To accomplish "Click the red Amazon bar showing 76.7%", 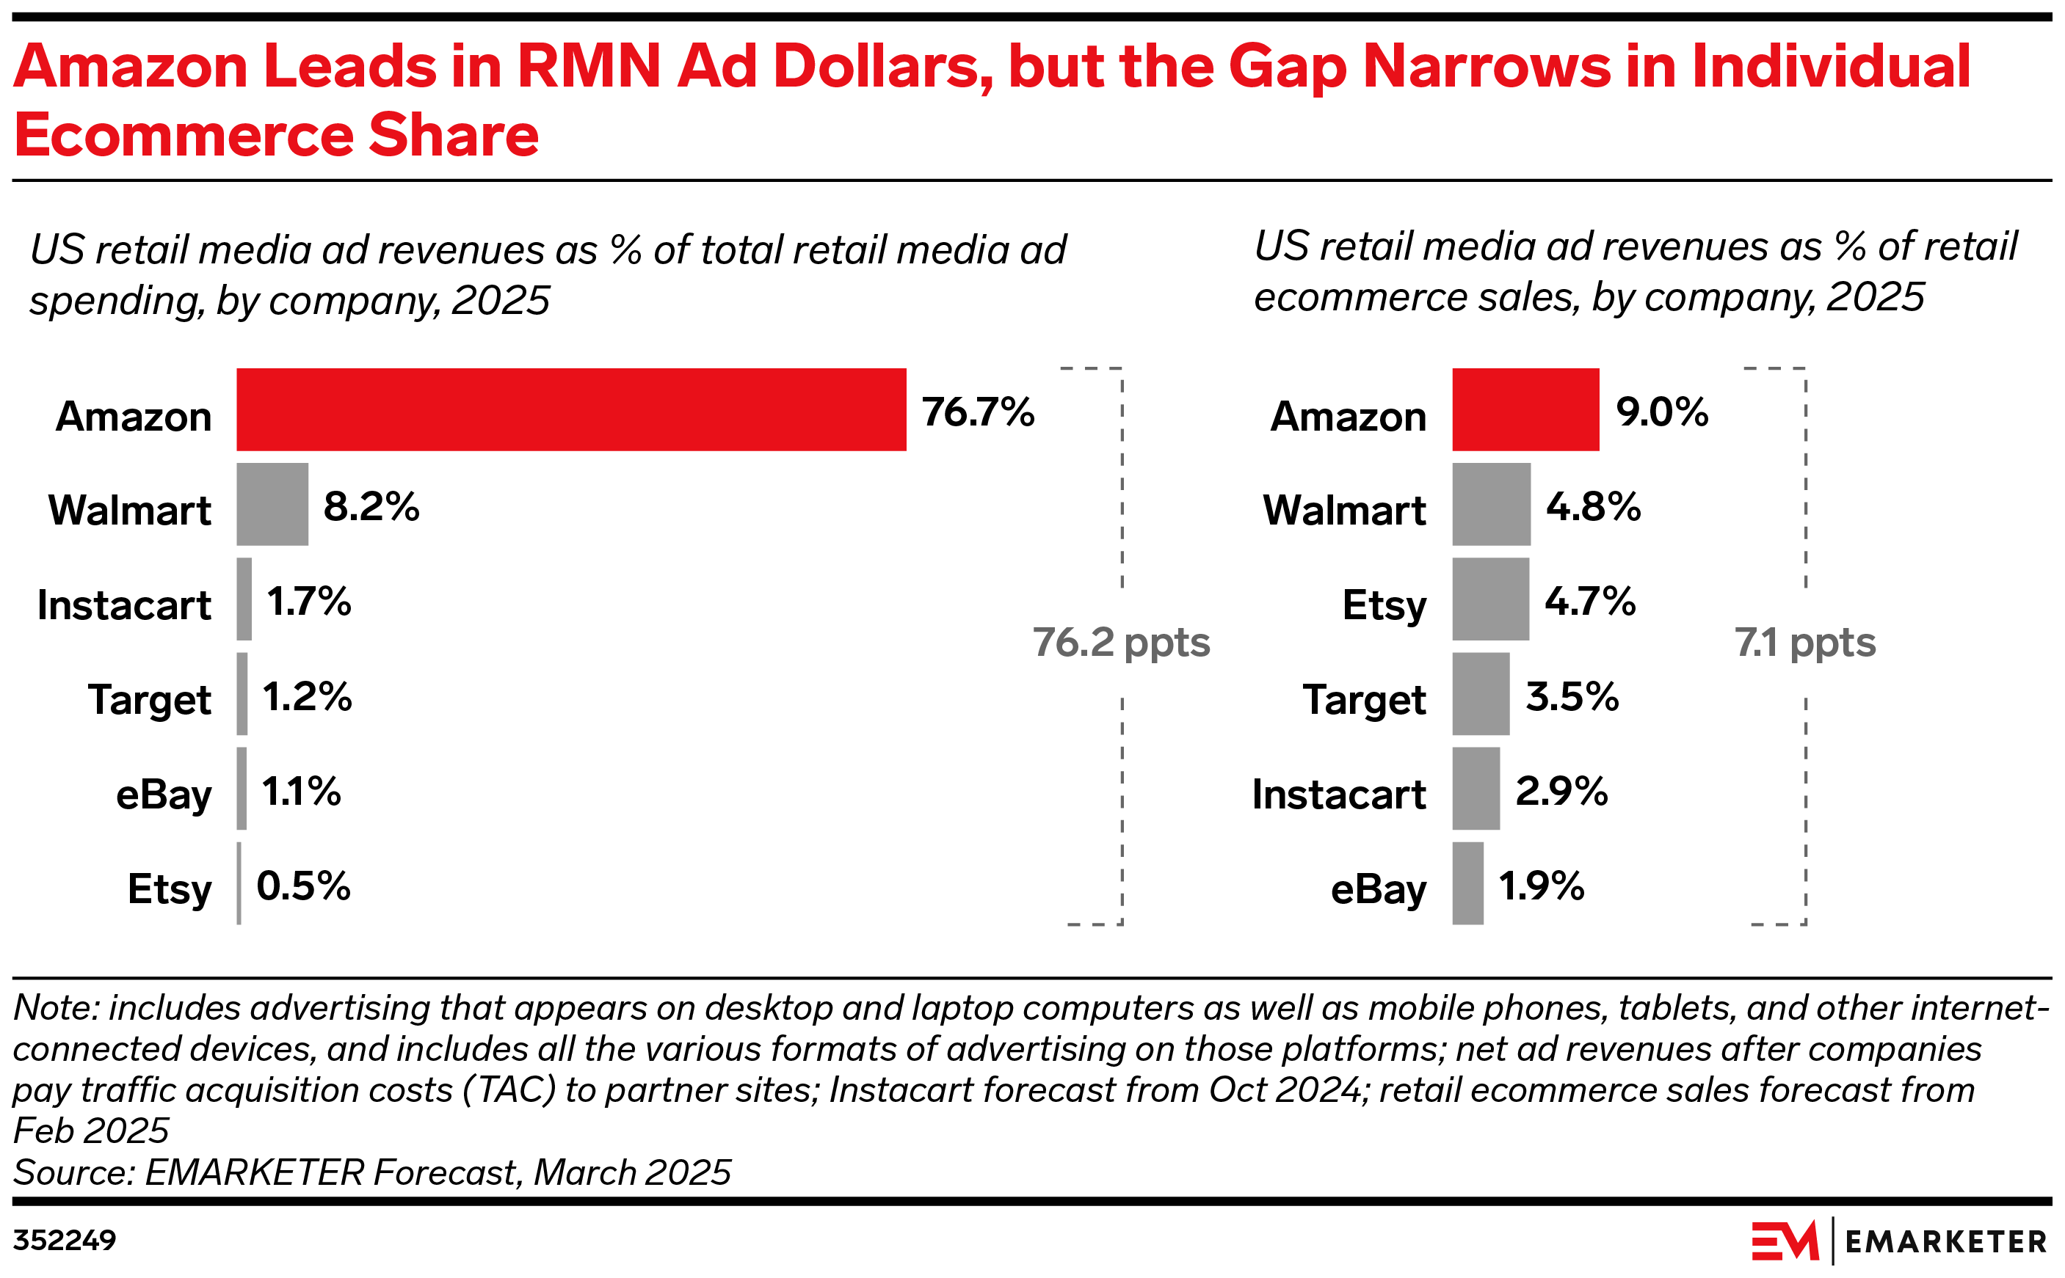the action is pos(571,409).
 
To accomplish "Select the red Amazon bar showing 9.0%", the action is pos(1525,409).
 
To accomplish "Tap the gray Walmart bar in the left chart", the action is pos(272,504).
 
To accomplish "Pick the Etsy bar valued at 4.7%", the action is pos(1490,599).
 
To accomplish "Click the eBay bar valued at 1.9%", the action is pos(1467,883).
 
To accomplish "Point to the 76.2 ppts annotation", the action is pos(1120,643).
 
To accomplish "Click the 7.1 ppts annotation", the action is pos(1804,643).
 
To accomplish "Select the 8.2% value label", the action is pos(371,506).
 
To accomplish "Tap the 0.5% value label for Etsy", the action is pos(302,886).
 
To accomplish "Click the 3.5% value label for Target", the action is pos(1571,696).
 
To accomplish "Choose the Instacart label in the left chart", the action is pos(123,605).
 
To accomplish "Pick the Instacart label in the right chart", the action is pos(1338,795).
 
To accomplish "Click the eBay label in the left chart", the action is pos(163,795).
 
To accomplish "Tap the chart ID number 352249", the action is pos(65,1240).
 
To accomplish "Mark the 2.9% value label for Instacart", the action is pos(1561,791).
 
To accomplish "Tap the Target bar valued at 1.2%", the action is pos(242,693).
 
